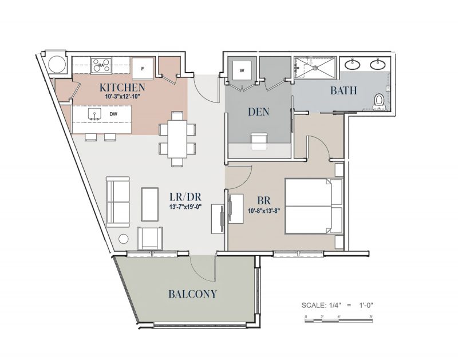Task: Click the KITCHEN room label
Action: pyautogui.click(x=122, y=88)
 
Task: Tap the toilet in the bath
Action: pyautogui.click(x=378, y=101)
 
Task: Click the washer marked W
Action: pyautogui.click(x=242, y=70)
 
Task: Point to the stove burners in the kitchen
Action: pyautogui.click(x=101, y=65)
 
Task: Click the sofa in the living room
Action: pyautogui.click(x=117, y=201)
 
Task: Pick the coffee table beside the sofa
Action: pyautogui.click(x=150, y=203)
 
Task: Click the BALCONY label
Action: pyautogui.click(x=192, y=294)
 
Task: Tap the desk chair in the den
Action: pyautogui.click(x=259, y=139)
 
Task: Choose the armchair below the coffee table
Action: pyautogui.click(x=151, y=238)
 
